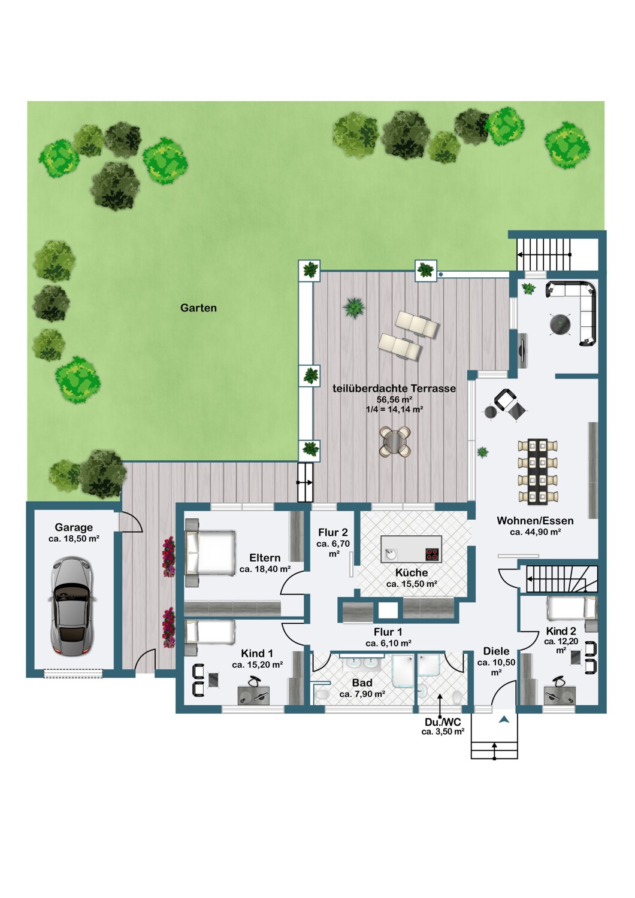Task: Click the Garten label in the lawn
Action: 198,308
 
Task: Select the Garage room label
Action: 74,527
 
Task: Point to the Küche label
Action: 411,572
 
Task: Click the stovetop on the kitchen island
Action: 433,555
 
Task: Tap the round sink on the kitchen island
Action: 391,554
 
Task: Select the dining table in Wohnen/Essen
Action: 538,472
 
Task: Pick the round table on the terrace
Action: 395,441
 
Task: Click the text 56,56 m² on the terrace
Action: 394,399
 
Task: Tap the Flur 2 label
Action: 333,532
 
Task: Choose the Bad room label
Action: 362,682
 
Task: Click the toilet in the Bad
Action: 321,694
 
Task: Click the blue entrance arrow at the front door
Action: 504,720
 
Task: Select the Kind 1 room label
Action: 257,654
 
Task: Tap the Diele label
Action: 496,651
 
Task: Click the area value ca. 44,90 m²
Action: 535,532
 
